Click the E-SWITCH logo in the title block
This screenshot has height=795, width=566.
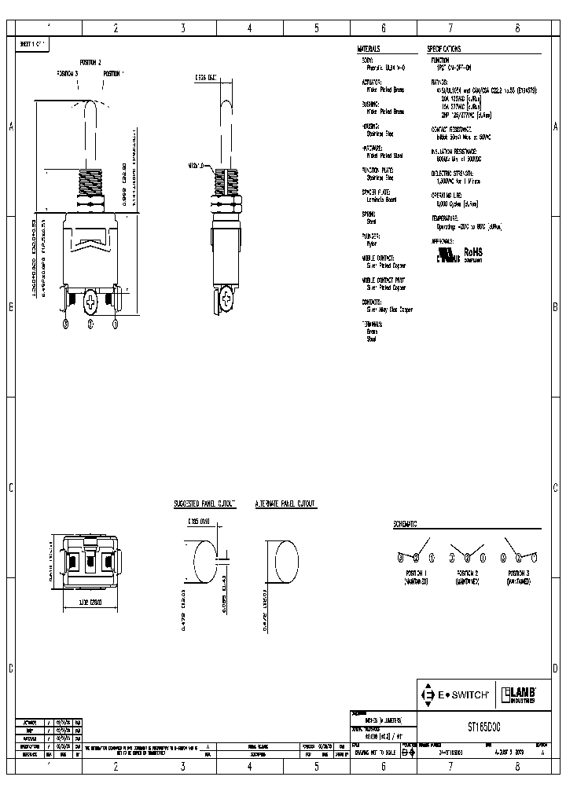coord(455,694)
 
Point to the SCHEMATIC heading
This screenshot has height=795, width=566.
coord(405,523)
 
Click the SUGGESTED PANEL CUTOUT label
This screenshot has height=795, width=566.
coord(204,503)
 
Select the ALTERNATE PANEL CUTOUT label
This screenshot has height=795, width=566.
coord(285,503)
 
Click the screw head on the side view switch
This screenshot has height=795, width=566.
coord(228,299)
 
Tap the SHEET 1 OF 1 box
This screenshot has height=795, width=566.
coord(33,44)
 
